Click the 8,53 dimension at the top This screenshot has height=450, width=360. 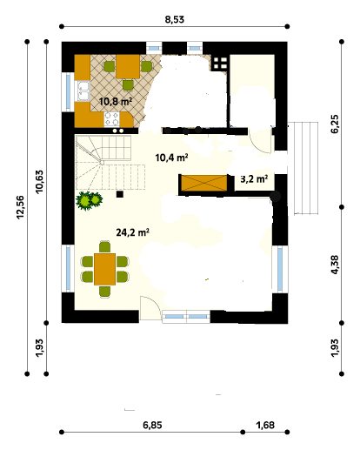pyautogui.click(x=175, y=19)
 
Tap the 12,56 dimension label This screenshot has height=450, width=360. pyautogui.click(x=20, y=207)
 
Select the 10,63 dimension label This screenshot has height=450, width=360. pyautogui.click(x=39, y=181)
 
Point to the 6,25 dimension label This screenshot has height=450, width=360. pyautogui.click(x=334, y=124)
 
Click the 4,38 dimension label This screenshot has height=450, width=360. pyautogui.click(x=334, y=265)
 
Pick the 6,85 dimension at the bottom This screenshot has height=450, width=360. pyautogui.click(x=152, y=425)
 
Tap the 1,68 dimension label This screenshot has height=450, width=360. pyautogui.click(x=265, y=425)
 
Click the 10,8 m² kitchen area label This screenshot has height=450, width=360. pyautogui.click(x=116, y=102)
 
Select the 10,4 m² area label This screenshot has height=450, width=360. pyautogui.click(x=171, y=158)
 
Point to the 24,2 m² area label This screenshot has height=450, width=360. pyautogui.click(x=133, y=232)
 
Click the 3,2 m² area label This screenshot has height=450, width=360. pyautogui.click(x=254, y=178)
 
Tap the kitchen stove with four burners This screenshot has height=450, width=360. pyautogui.click(x=112, y=119)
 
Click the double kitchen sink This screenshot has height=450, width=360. pyautogui.click(x=83, y=91)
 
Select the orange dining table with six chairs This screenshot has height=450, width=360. pyautogui.click(x=105, y=269)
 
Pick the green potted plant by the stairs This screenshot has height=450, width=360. pyautogui.click(x=89, y=200)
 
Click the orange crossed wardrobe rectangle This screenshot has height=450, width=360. pyautogui.click(x=204, y=183)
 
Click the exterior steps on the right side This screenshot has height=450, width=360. pyautogui.click(x=306, y=168)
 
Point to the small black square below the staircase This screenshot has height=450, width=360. pyautogui.click(x=120, y=194)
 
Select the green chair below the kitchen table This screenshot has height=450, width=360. pyautogui.click(x=128, y=85)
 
